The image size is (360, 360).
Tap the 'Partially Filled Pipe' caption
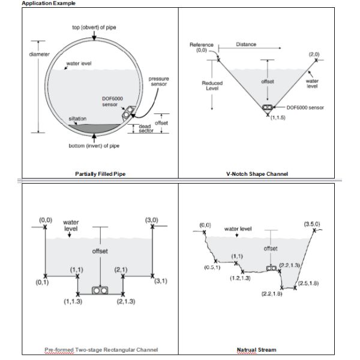(x=100, y=174)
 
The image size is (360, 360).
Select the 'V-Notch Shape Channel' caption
(x=257, y=174)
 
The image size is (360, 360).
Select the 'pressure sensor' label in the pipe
(x=158, y=81)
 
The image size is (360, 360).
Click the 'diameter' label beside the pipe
(x=40, y=55)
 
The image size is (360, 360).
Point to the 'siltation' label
(x=78, y=118)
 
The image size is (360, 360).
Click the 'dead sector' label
(x=146, y=129)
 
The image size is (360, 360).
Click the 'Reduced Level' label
(x=212, y=85)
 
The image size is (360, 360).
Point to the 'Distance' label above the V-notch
(x=245, y=44)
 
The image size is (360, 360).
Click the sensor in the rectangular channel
(x=100, y=290)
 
